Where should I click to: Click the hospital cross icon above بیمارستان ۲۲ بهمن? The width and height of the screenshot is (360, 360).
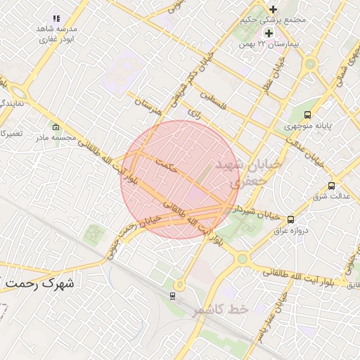pos(269,33)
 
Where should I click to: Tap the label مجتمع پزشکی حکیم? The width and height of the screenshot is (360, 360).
pos(280,20)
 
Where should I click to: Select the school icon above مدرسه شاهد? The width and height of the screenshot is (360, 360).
pos(56,18)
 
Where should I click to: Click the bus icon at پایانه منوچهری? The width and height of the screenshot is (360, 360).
pos(307,115)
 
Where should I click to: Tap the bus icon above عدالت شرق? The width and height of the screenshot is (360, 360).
pos(331,186)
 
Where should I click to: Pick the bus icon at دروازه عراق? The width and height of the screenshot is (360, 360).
pos(291,219)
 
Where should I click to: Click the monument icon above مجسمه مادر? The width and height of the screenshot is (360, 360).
pos(56,128)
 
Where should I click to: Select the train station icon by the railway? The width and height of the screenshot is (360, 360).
pos(173,296)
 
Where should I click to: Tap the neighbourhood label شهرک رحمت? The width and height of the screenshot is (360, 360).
pos(41,283)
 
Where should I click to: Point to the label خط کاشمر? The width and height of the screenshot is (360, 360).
pos(221,309)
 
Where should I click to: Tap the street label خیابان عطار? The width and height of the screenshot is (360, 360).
pos(281,75)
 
